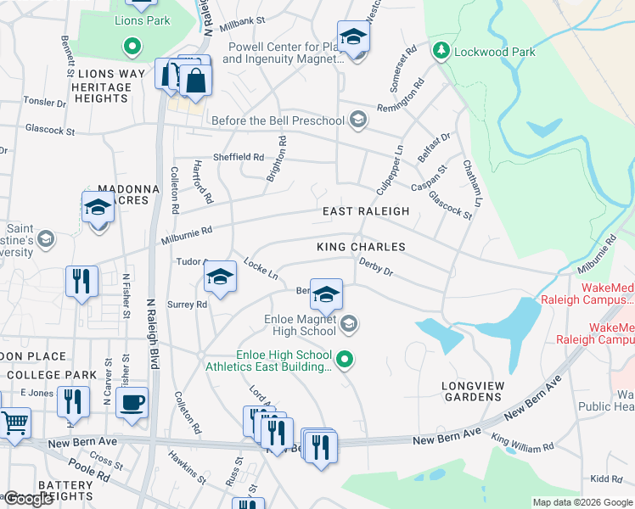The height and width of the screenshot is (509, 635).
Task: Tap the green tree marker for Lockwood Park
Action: click(x=441, y=52)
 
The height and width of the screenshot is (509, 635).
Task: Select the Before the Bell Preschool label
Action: click(x=278, y=120)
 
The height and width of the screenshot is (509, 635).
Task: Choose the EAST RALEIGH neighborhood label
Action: click(x=365, y=211)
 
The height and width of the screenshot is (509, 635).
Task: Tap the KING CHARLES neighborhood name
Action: click(x=361, y=247)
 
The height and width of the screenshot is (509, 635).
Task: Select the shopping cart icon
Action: click(x=14, y=422)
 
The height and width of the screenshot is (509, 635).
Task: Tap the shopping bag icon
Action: click(x=195, y=81)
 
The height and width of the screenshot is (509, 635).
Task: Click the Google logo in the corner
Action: click(x=29, y=499)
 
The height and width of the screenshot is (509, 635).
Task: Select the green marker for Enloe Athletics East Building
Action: click(x=344, y=361)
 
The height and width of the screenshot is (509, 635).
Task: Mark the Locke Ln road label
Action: click(x=261, y=268)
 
